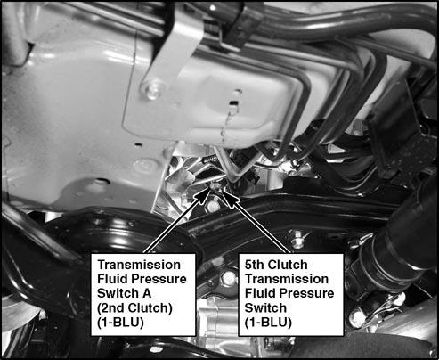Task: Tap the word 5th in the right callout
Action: click(254, 265)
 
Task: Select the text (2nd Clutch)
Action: click(134, 308)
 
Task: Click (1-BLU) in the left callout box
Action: click(120, 323)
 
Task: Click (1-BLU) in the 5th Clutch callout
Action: click(268, 323)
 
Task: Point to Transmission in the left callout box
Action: click(139, 265)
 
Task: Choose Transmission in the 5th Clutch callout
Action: click(287, 279)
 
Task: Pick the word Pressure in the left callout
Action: click(159, 279)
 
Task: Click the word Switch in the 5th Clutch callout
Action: click(265, 308)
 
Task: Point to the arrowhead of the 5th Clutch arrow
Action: click(229, 196)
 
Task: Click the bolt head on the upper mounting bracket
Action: click(153, 89)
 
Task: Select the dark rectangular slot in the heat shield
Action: click(234, 103)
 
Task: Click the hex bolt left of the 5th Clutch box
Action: click(228, 278)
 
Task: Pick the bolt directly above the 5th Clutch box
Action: click(297, 236)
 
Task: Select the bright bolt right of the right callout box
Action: click(357, 318)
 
